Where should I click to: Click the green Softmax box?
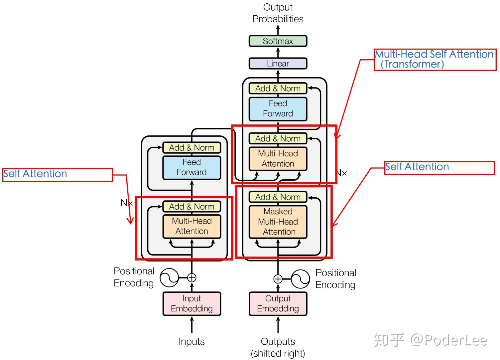[278, 41]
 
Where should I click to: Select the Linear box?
[278, 64]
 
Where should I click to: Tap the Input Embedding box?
[192, 304]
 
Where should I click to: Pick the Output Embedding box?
[278, 304]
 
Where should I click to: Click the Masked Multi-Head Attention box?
[278, 222]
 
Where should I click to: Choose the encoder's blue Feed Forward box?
[192, 168]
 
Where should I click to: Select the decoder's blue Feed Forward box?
[278, 109]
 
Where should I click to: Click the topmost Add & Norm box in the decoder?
[278, 89]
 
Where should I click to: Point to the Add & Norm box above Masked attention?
[278, 197]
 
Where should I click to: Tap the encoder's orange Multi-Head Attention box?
[192, 226]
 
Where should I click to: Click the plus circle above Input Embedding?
[192, 278]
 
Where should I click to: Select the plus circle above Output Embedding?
[278, 279]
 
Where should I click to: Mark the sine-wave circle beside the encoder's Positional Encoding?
[170, 278]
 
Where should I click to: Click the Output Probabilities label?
[278, 13]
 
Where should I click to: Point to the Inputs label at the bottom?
[192, 341]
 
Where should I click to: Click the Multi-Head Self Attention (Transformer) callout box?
[435, 60]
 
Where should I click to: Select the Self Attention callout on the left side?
[58, 175]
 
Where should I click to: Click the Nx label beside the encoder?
[127, 203]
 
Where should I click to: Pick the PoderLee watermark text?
[449, 340]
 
